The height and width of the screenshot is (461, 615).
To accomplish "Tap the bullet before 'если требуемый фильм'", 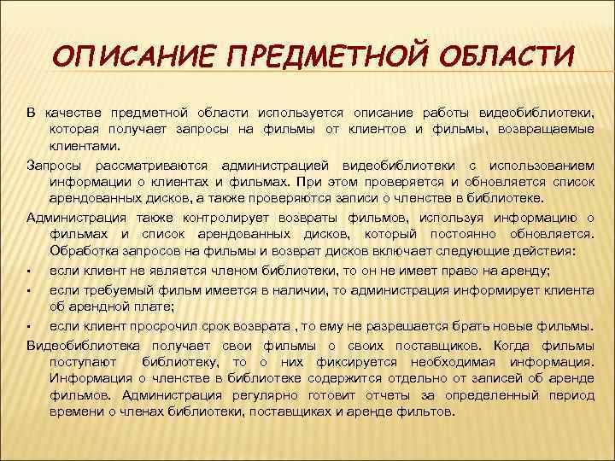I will [29, 291].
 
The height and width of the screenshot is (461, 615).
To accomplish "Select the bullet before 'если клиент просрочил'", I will [29, 327].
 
